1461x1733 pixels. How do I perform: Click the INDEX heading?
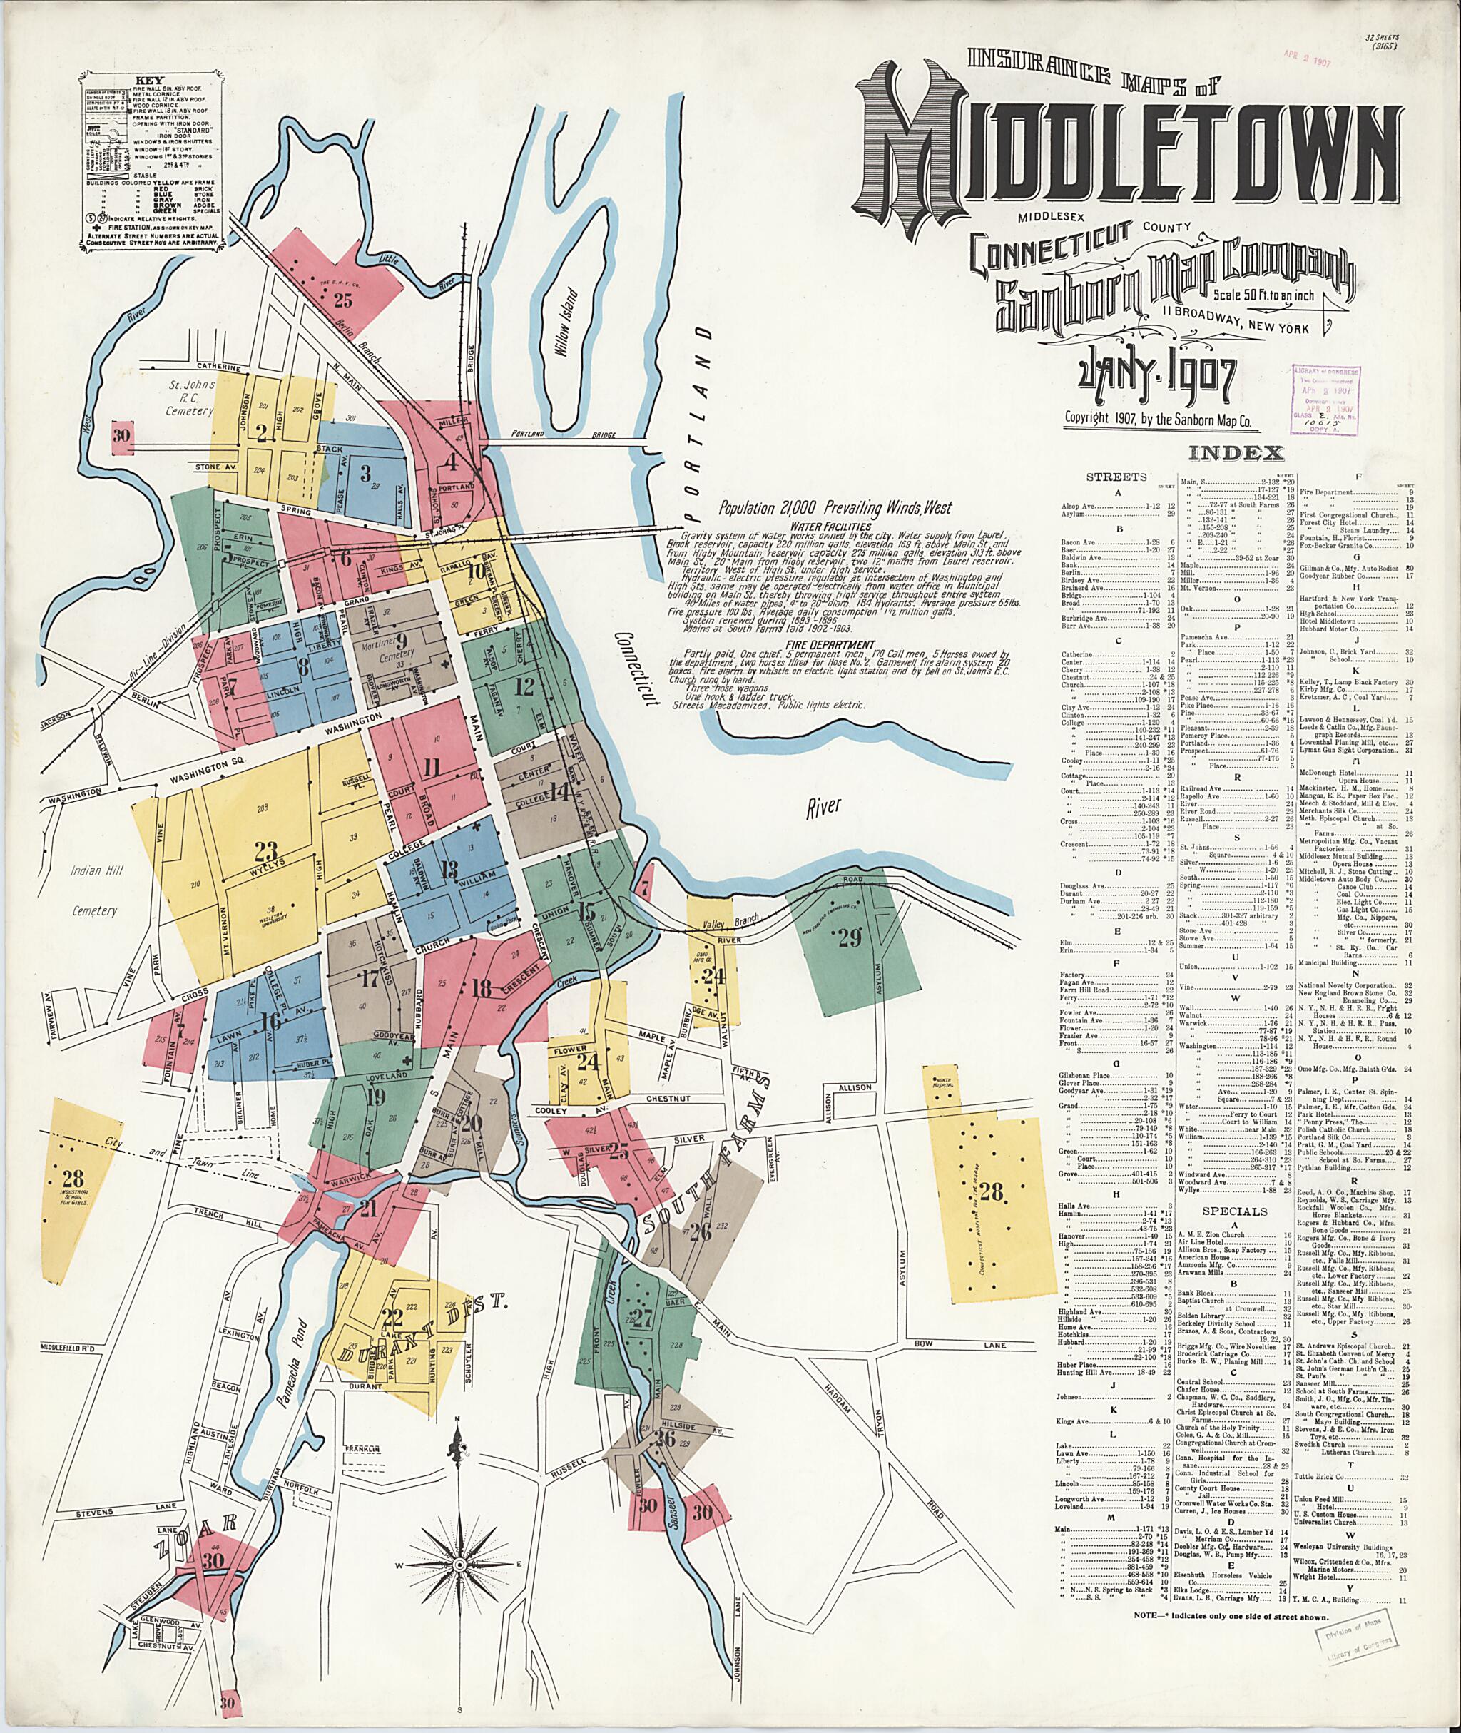coord(1236,453)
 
